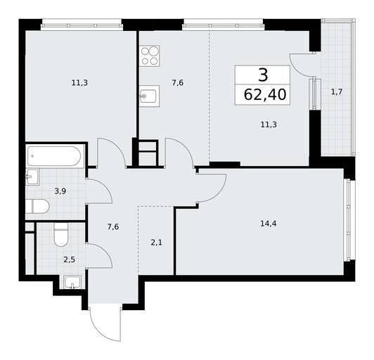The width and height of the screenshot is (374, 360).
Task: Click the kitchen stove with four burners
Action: tap(150, 56)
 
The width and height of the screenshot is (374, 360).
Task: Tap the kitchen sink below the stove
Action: tap(149, 96)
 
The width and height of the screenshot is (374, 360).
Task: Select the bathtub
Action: tap(54, 156)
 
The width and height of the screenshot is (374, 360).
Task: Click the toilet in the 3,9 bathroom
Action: tap(37, 206)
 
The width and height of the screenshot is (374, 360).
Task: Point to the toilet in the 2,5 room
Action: tap(61, 235)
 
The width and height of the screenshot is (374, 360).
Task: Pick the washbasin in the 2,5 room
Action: tap(72, 282)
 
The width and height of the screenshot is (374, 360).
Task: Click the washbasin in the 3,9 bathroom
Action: tap(32, 176)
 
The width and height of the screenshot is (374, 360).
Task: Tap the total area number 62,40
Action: tap(265, 94)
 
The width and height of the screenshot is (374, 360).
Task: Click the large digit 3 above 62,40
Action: tap(263, 75)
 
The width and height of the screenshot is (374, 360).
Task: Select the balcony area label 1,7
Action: tap(337, 92)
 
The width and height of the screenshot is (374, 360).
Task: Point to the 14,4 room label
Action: tap(269, 224)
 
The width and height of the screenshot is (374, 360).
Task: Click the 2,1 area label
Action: tap(157, 243)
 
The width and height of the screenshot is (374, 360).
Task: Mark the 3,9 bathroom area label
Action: tap(60, 191)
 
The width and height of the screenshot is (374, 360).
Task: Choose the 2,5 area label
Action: tap(69, 259)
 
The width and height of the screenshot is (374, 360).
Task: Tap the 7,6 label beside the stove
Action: tap(177, 83)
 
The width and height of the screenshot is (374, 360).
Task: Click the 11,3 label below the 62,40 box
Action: tap(269, 124)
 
